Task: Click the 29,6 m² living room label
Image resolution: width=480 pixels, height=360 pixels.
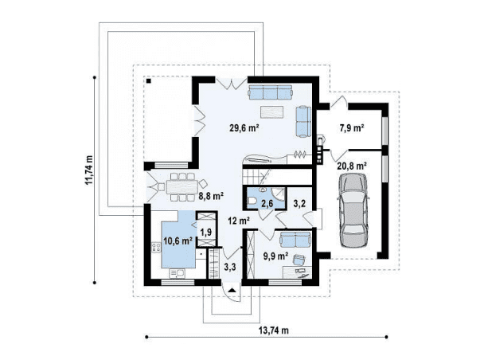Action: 244,127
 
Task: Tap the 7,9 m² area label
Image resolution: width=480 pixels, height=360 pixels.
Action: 351,127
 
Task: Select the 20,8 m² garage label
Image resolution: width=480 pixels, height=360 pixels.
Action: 353,166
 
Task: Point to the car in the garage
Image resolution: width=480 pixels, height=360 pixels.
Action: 353,210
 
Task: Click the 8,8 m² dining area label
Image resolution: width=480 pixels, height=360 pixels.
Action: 211,196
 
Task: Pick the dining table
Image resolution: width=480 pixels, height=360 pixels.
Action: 182,187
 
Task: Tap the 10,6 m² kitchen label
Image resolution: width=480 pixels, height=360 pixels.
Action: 178,241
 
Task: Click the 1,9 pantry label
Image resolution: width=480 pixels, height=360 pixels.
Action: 206,233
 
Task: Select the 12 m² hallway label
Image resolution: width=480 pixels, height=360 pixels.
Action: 239,221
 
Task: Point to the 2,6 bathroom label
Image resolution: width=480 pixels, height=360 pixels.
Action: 267,204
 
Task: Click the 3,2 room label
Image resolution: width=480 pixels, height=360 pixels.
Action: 299,204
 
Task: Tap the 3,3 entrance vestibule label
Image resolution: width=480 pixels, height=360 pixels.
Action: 229,267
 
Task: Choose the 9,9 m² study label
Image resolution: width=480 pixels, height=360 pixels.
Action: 276,256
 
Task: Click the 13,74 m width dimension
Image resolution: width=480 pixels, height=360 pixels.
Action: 274,331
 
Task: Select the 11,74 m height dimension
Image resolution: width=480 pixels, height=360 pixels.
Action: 89,170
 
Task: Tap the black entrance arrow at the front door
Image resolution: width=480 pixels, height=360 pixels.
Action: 232,290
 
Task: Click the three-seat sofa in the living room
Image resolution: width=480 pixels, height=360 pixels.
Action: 271,92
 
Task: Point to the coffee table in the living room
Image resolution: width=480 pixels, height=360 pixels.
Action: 271,112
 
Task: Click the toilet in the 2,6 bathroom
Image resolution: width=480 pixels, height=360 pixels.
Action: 252,201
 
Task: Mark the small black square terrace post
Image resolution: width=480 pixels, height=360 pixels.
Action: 149,81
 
